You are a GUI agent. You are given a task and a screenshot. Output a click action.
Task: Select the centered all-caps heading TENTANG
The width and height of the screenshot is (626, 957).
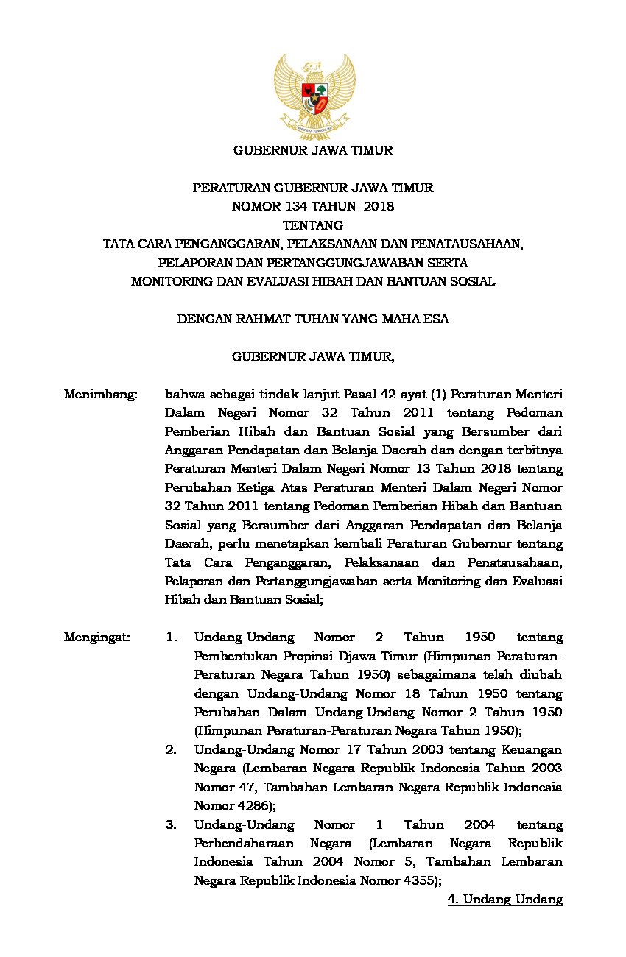313,225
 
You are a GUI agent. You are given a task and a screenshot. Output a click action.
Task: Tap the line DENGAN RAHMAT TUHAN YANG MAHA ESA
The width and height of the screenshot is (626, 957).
313,319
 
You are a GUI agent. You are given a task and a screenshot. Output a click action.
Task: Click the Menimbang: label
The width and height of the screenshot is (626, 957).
101,394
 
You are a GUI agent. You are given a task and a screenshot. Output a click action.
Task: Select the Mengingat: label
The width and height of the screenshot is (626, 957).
96,637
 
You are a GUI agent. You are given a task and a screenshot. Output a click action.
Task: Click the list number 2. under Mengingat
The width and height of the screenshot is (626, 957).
171,749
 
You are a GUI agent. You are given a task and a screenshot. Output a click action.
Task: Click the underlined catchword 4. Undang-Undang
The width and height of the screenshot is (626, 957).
505,899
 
